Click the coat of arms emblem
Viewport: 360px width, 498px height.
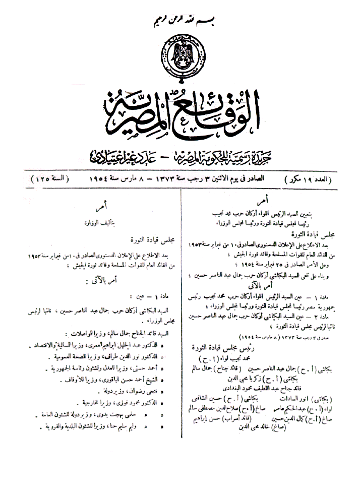tap(181, 54)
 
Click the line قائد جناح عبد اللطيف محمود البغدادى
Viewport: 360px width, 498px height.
tap(249, 389)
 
